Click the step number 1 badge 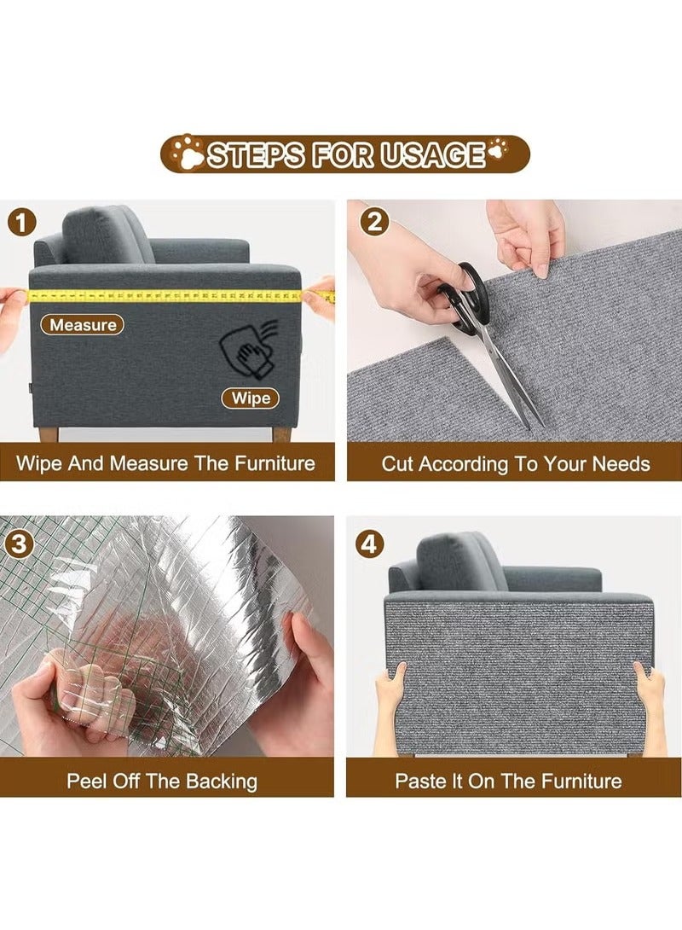click(22, 224)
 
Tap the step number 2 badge click(374, 223)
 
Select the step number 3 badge click(19, 543)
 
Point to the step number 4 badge click(369, 543)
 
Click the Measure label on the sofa click(83, 324)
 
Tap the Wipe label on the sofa click(251, 398)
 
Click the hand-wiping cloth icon click(248, 349)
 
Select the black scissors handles click(465, 295)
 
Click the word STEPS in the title click(256, 155)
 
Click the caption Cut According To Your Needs click(515, 464)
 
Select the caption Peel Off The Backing click(162, 782)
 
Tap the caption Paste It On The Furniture click(508, 782)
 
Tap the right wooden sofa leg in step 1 click(280, 434)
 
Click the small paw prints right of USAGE click(496, 148)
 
